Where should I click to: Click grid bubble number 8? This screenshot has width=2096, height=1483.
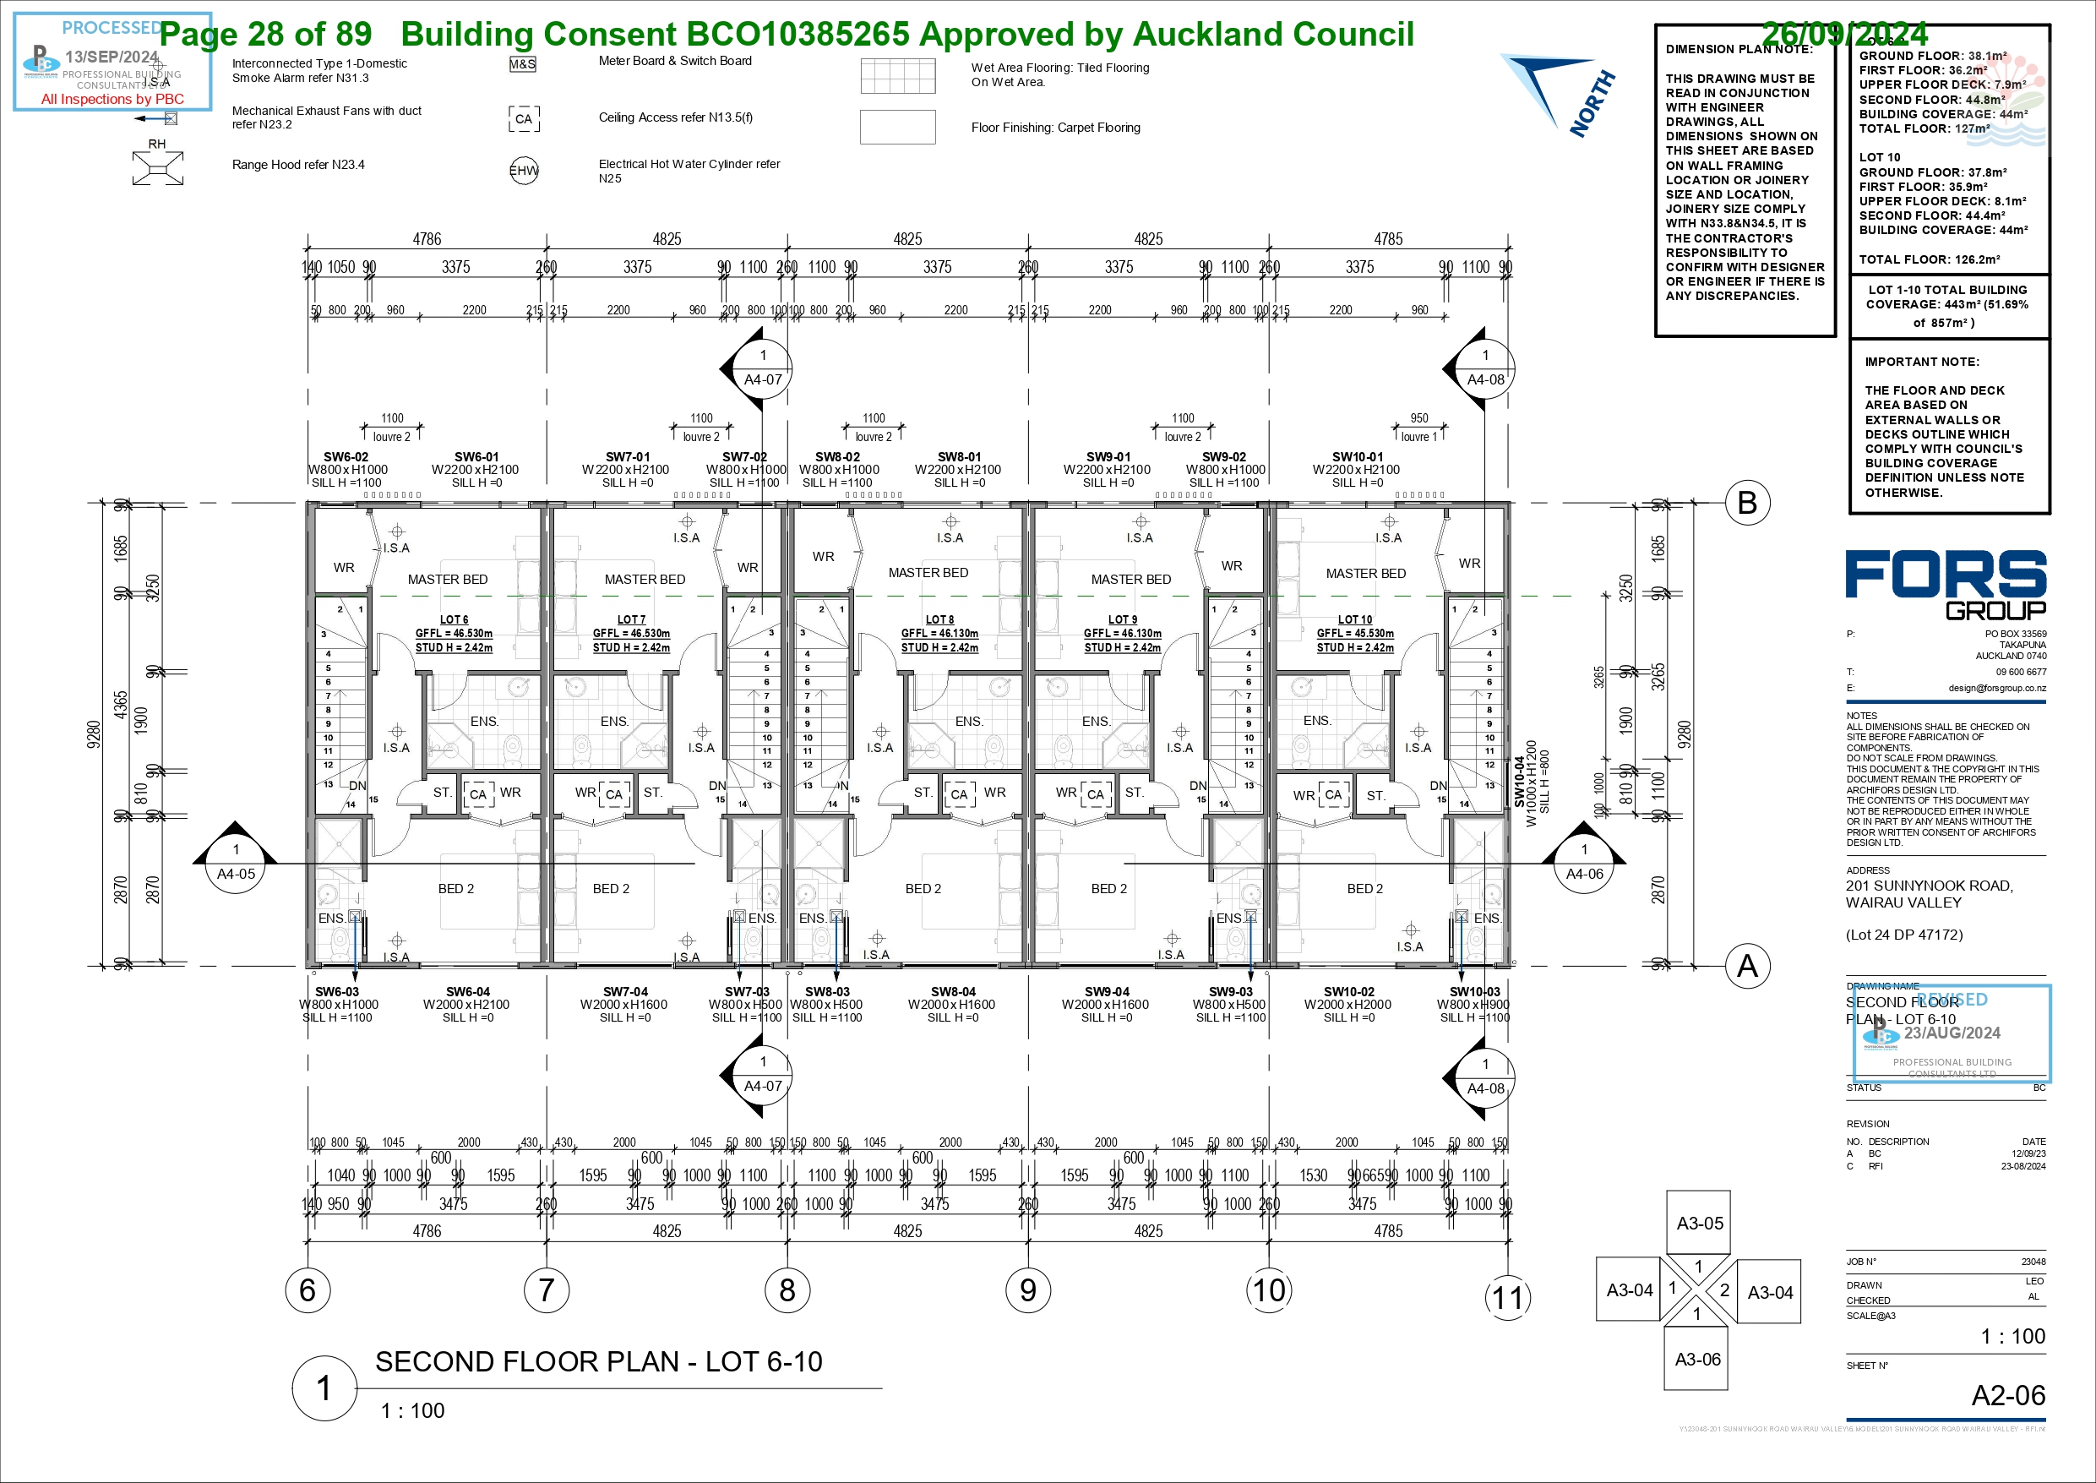[x=787, y=1290]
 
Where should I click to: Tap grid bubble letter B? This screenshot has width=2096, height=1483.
[x=1747, y=502]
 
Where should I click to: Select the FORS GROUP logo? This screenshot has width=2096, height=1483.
[x=1946, y=585]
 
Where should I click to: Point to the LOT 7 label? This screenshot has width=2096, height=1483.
[x=631, y=619]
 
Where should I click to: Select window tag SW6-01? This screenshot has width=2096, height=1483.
[x=476, y=456]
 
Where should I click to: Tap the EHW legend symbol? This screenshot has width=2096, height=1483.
[x=524, y=171]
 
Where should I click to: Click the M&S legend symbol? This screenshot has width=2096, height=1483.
[x=522, y=65]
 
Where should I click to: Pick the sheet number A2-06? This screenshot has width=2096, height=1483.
[x=2008, y=1395]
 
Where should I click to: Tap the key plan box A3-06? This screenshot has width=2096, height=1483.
[x=1697, y=1359]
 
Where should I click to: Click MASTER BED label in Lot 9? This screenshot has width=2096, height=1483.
[x=1130, y=579]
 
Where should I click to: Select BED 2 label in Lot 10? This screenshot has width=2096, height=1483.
[x=1364, y=888]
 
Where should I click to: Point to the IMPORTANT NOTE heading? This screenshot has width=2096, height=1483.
[x=1922, y=362]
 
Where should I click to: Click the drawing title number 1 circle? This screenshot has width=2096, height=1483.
[x=324, y=1388]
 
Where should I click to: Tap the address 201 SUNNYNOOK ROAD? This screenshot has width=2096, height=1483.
[x=1929, y=886]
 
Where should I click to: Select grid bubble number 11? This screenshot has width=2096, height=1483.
[x=1507, y=1297]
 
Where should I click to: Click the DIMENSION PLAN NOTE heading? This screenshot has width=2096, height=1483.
[x=1738, y=49]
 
